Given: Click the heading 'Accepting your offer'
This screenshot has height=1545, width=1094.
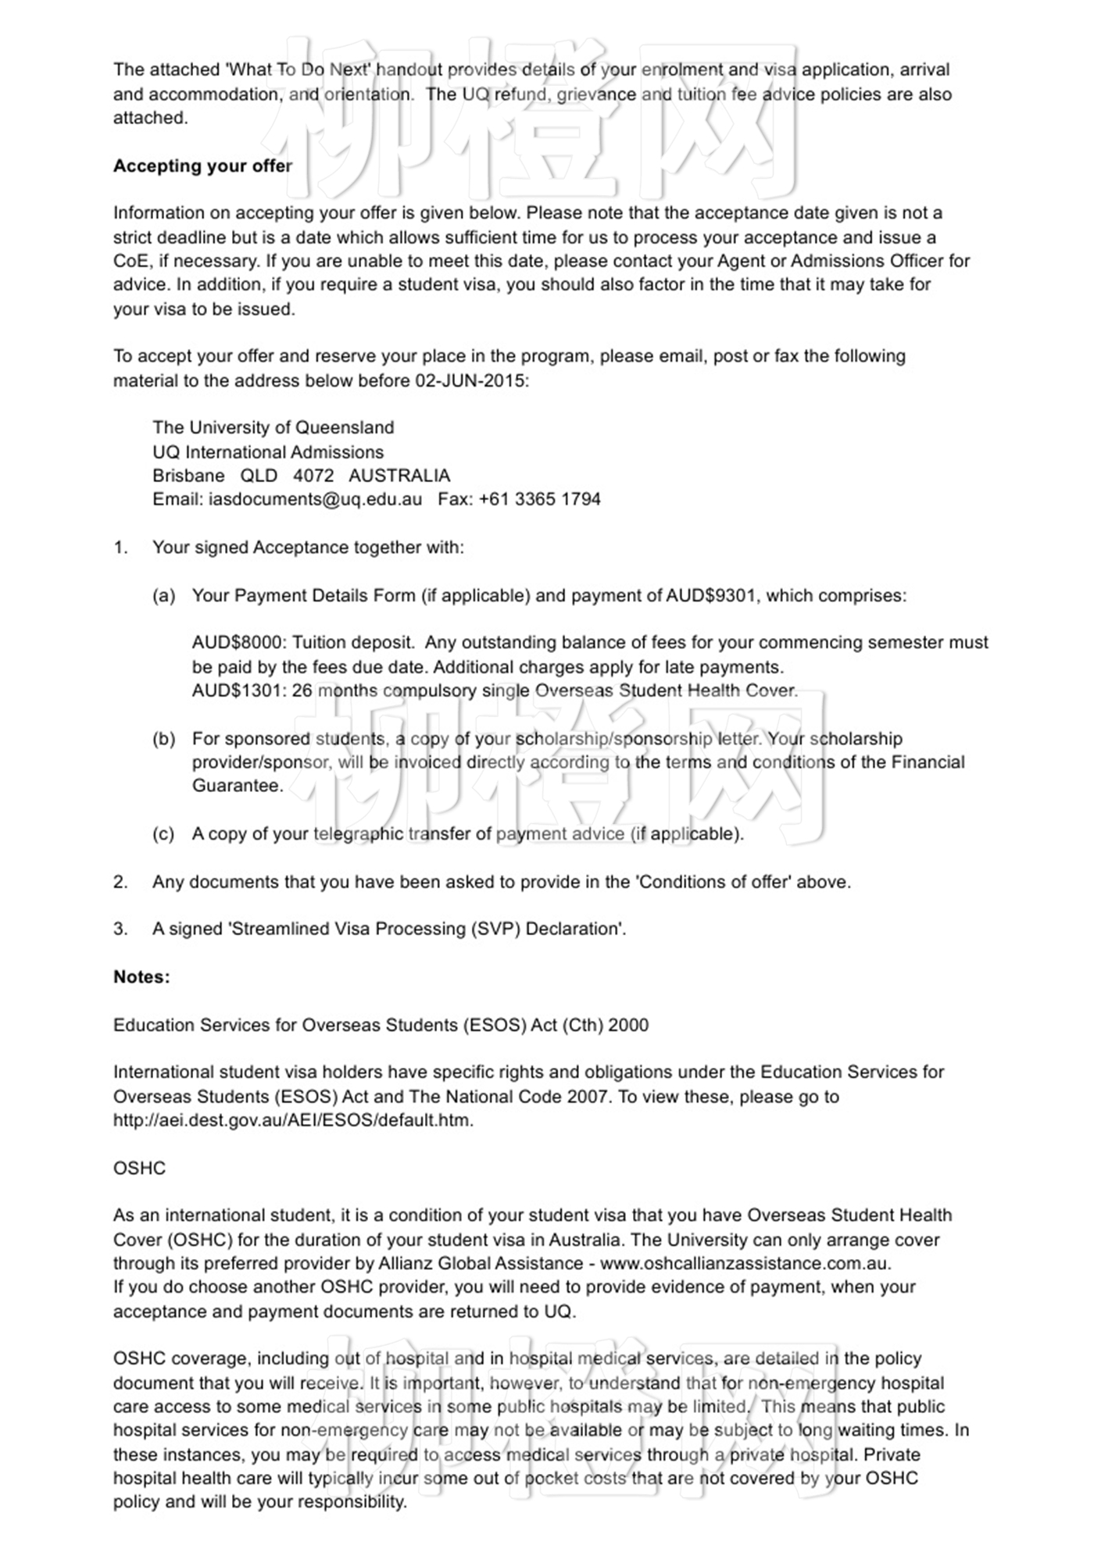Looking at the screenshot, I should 202,166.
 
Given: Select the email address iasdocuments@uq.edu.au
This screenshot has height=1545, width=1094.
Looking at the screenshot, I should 315,499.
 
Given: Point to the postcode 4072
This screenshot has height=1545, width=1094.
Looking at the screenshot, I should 313,476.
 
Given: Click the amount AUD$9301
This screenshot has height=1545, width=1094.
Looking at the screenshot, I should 711,595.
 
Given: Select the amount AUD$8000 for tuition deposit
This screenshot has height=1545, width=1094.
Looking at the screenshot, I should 238,643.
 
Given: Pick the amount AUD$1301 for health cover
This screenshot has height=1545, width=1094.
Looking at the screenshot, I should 238,690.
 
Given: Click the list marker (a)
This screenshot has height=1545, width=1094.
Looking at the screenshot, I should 163,596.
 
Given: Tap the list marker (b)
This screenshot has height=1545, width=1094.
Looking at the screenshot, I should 163,739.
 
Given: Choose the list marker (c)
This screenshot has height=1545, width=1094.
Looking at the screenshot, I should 163,834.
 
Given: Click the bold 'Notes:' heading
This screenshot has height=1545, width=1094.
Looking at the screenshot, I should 141,977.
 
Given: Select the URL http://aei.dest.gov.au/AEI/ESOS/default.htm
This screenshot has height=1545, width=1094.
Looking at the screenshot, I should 293,1120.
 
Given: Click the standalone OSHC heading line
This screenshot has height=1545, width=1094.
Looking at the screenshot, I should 139,1168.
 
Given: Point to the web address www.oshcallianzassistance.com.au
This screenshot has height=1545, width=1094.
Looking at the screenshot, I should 745,1263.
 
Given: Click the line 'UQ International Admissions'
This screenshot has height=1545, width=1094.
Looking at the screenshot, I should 268,452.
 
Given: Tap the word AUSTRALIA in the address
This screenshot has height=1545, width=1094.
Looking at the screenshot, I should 399,476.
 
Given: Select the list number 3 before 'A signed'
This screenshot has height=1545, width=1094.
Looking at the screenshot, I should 120,929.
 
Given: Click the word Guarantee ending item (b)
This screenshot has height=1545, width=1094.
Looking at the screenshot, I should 237,786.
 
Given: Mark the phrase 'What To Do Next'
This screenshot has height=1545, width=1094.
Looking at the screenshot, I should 297,70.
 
